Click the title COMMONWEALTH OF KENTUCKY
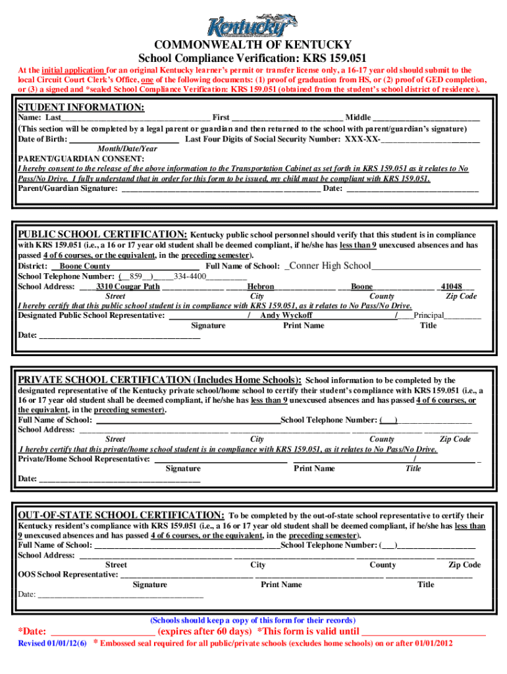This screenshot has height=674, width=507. (x=253, y=45)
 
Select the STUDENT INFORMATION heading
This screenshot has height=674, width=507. (x=81, y=107)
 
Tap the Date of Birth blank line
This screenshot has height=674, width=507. (x=124, y=140)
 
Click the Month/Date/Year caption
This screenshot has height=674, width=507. (x=126, y=149)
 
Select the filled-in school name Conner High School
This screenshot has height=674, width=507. (x=330, y=265)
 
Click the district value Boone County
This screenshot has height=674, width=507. (x=85, y=266)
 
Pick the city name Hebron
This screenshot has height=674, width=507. (x=261, y=287)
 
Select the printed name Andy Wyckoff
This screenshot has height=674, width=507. (x=286, y=315)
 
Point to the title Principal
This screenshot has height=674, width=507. (x=429, y=315)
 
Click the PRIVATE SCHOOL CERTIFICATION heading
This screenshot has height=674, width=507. (x=160, y=380)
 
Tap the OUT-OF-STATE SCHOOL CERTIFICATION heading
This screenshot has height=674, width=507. (x=121, y=515)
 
